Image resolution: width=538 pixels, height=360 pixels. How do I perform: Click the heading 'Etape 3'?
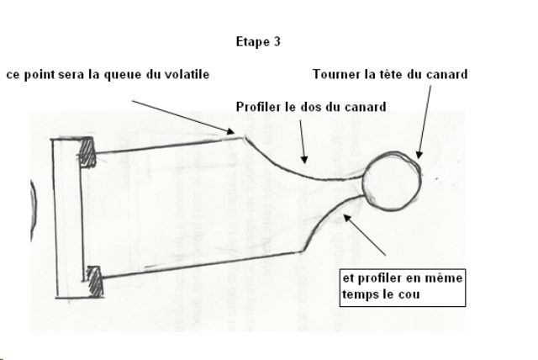click(258, 41)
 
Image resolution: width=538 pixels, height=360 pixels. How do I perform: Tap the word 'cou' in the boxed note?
click(409, 294)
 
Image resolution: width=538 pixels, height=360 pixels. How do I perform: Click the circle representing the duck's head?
click(392, 181)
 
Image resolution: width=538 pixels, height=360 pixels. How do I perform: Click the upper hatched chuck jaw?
click(86, 152)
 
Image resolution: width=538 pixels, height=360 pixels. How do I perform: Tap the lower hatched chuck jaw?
click(94, 281)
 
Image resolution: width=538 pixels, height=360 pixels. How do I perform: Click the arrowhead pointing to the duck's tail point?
click(229, 131)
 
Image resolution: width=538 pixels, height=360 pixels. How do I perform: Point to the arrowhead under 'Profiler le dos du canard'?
click(304, 159)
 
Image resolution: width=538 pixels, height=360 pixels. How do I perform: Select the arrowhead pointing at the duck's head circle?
click(419, 155)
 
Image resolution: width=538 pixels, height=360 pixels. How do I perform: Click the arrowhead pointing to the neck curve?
click(348, 218)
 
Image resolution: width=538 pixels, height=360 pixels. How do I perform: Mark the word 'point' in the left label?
click(40, 75)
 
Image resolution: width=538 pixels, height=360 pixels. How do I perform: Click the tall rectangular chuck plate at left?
click(68, 218)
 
